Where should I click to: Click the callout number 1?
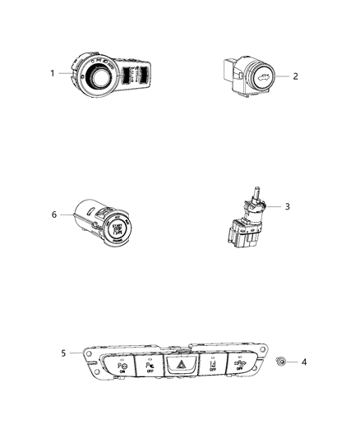click(53, 72)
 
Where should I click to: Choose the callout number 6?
click(54, 214)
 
